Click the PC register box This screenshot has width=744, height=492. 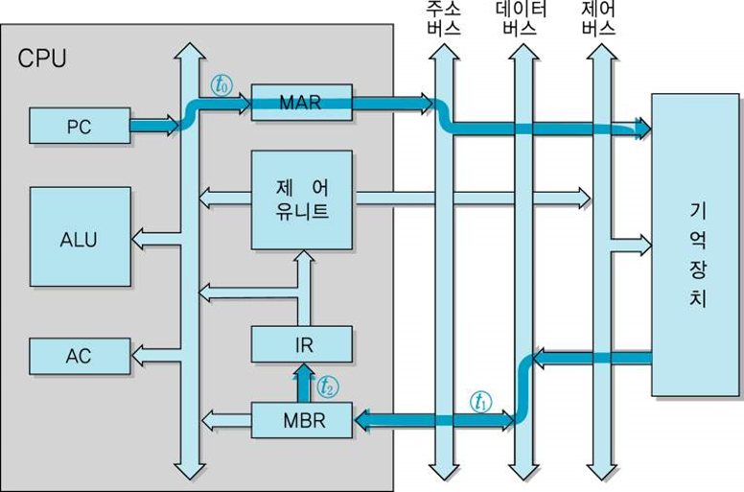[79, 126]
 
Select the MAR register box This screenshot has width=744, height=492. [301, 103]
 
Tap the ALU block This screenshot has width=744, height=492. [80, 237]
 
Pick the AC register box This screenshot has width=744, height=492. [79, 356]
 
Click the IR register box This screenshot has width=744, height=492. [301, 343]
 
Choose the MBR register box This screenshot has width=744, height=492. [301, 419]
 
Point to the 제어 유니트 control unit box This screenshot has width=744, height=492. [301, 199]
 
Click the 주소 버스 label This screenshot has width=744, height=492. [443, 18]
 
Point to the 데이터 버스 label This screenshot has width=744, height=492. [522, 18]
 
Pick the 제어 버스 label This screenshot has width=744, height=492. [599, 18]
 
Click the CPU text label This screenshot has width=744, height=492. [43, 59]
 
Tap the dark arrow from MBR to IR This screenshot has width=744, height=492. [301, 383]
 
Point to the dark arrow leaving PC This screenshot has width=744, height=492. [153, 125]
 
